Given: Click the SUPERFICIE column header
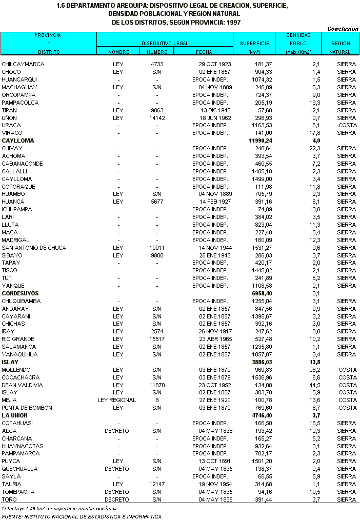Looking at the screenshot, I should point(251,44).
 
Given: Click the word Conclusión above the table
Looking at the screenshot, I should point(343,29).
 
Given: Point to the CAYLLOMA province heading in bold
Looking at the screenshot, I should point(18,141).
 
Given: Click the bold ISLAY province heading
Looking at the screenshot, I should point(10,362).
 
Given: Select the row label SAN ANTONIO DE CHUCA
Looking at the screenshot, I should point(34,248).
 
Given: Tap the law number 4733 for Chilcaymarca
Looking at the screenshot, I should point(157,64).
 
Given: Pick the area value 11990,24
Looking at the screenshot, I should point(261,141).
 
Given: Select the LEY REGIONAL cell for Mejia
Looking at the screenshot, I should point(118,400).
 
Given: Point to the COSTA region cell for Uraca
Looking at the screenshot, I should point(347,125).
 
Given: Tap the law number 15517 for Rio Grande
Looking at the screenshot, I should point(157,339).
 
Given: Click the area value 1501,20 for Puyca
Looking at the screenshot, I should point(262,462).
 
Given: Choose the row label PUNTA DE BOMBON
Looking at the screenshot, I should point(27,408).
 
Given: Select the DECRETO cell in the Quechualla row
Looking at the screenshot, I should point(117,469).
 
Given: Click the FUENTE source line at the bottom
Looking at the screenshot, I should point(83,516).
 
